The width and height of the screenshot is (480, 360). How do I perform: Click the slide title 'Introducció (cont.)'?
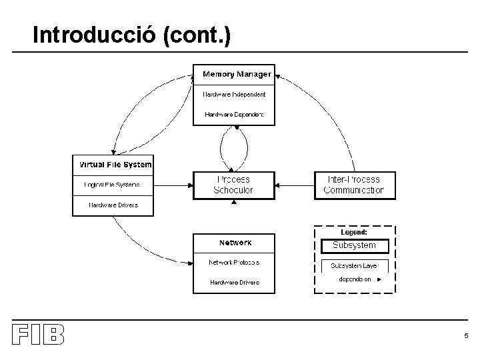click(131, 35)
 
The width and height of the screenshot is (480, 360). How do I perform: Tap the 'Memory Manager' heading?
click(237, 74)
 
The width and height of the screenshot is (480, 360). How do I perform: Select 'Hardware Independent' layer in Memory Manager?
click(234, 95)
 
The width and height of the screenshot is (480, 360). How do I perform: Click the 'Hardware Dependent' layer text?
click(234, 115)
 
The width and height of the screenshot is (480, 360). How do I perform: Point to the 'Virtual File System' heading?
click(115, 165)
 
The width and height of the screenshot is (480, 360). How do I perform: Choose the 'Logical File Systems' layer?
click(112, 185)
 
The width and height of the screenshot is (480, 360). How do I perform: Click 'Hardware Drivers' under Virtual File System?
click(113, 205)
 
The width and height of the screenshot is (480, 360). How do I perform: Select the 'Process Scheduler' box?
click(233, 185)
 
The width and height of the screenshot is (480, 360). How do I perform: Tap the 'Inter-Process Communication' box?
click(354, 185)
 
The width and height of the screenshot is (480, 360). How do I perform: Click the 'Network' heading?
click(235, 243)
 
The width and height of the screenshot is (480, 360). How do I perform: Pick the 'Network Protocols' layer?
click(233, 263)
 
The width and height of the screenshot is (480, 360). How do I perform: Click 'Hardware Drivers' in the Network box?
click(235, 283)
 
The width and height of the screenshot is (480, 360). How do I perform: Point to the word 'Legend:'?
click(354, 233)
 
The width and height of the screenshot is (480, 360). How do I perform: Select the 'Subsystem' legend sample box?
click(354, 245)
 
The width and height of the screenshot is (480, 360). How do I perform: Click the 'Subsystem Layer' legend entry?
click(354, 265)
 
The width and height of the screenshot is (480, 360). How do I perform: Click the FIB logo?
click(38, 335)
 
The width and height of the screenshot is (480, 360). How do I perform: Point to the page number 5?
click(466, 336)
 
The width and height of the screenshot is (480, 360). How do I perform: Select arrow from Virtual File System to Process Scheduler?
click(173, 185)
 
